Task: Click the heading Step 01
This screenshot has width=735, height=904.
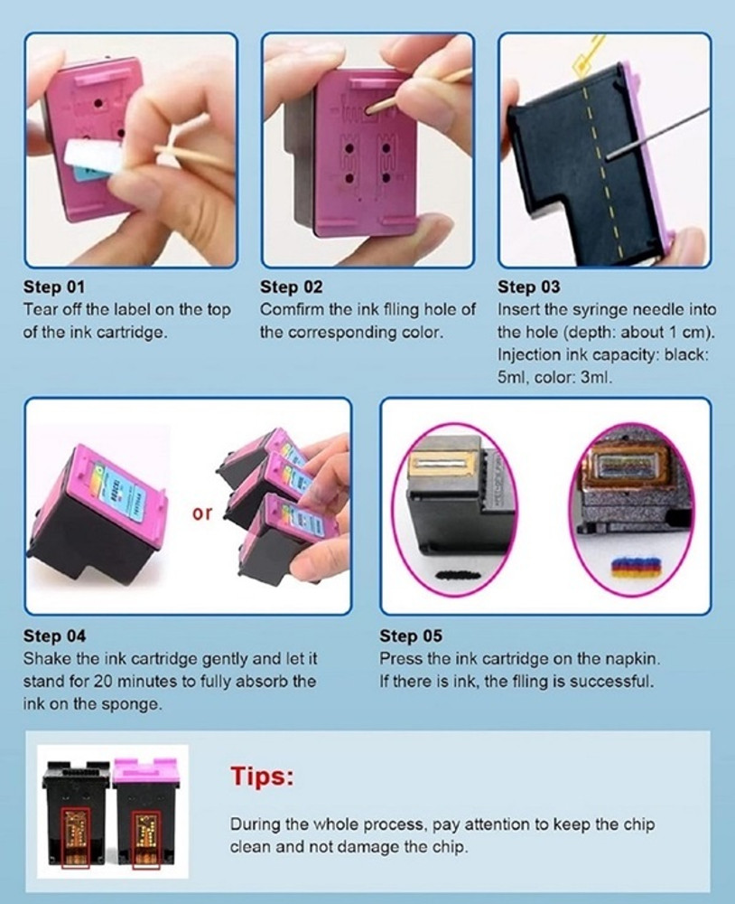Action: [53, 287]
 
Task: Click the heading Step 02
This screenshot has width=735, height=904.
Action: [291, 287]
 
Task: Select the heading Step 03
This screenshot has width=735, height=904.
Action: [528, 287]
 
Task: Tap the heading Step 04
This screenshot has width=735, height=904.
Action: [54, 636]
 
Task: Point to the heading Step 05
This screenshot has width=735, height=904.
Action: [411, 636]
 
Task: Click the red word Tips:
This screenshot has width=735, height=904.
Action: [262, 776]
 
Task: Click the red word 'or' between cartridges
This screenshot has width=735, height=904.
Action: [201, 513]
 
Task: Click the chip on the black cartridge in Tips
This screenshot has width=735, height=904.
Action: [76, 833]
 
